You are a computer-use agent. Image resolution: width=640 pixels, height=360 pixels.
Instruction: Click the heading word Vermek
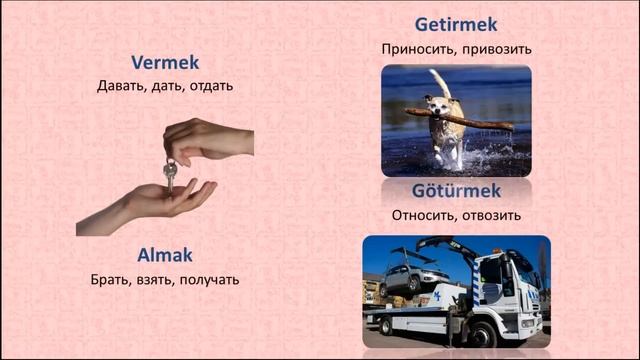(x=165, y=63)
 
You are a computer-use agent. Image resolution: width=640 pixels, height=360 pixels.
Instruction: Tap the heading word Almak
(x=165, y=256)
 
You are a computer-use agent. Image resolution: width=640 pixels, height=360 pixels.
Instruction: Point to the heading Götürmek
(x=456, y=191)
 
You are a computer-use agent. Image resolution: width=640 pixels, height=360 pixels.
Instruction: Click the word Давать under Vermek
(x=121, y=85)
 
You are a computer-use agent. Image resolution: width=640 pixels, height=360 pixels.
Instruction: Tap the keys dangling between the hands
(x=170, y=175)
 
